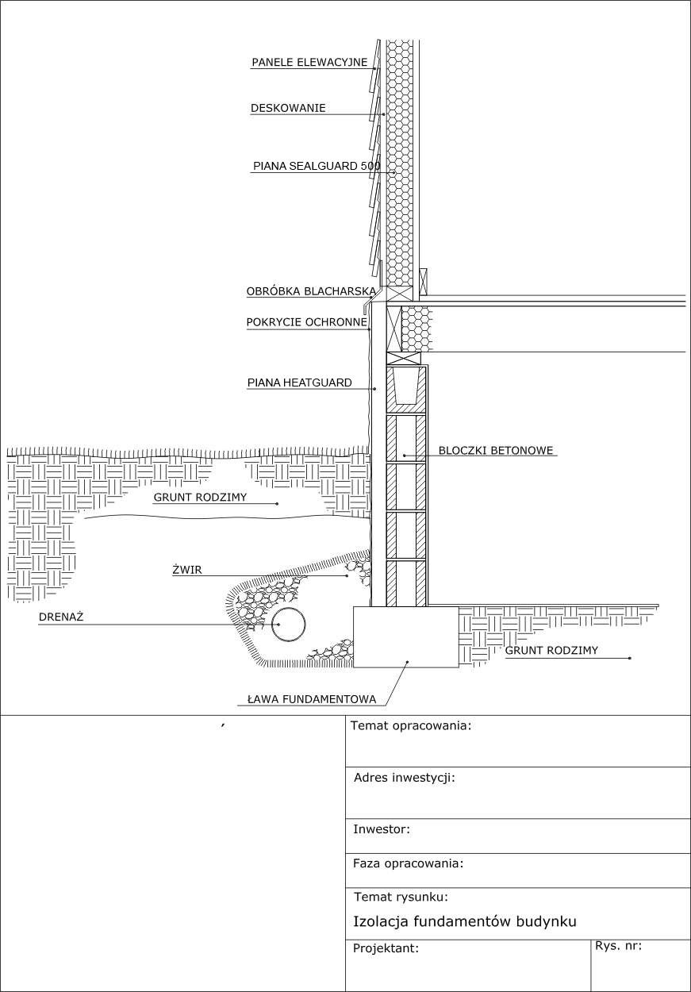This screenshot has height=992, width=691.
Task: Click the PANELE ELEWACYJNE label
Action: [309, 62]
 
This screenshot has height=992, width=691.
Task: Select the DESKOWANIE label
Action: [288, 108]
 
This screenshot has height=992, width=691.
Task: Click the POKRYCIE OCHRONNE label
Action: [307, 322]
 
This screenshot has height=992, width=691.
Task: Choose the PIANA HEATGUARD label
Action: [299, 383]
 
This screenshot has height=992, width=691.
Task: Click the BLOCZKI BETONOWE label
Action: [496, 450]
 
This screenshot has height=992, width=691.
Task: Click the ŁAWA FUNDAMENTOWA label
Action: [311, 700]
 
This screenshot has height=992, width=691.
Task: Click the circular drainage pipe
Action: [288, 625]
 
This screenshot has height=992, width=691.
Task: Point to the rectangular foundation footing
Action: [405, 637]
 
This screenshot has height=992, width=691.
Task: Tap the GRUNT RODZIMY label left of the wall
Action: [200, 498]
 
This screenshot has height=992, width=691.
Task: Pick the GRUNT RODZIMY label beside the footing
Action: [551, 651]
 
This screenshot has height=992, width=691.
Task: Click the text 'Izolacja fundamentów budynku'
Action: [464, 921]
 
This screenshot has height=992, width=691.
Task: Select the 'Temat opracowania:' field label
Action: [411, 725]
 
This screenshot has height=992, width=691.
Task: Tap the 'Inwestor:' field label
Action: [382, 829]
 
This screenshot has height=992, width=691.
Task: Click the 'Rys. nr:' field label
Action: [618, 945]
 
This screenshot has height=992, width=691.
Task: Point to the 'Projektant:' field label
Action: [386, 948]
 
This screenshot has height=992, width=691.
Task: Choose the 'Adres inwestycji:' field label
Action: [404, 778]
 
